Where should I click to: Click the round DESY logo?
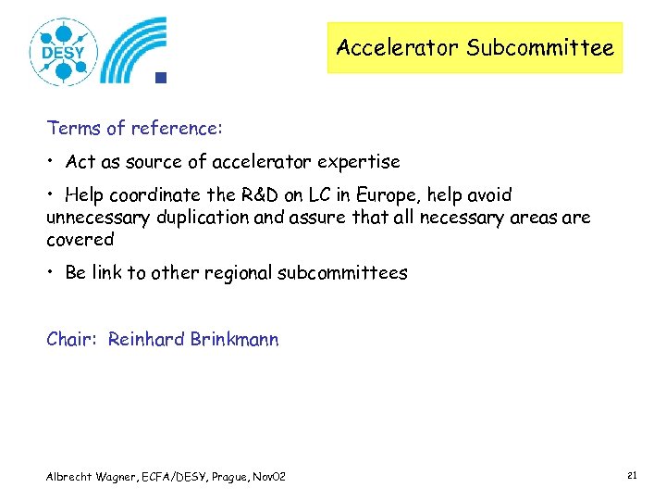[x=63, y=52]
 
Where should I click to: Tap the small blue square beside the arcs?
[x=160, y=78]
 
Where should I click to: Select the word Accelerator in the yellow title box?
[x=399, y=47]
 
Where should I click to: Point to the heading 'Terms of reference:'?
[x=135, y=127]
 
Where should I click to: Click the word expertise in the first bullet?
[x=358, y=162]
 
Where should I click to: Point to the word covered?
[x=80, y=240]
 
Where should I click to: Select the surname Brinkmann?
[x=234, y=339]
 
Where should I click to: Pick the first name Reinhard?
[x=146, y=339]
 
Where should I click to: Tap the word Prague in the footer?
[x=230, y=476]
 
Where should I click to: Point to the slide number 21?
[x=632, y=475]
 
